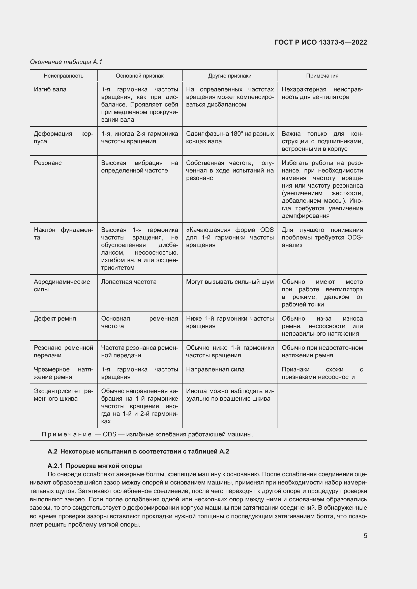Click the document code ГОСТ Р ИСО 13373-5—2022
320,42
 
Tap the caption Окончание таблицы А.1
66,62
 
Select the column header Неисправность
64,76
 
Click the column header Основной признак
139,76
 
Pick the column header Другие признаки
230,76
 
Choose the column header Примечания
322,76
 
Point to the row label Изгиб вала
50,90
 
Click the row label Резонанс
48,163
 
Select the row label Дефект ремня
55,319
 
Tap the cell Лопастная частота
129,282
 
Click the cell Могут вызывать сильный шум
230,282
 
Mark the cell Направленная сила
215,369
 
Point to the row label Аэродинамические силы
62,286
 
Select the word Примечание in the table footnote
67,434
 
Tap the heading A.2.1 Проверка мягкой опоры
95,466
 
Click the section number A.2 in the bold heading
52,452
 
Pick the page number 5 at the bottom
365,536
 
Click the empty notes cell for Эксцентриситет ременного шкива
322,406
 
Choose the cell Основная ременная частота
139,322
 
